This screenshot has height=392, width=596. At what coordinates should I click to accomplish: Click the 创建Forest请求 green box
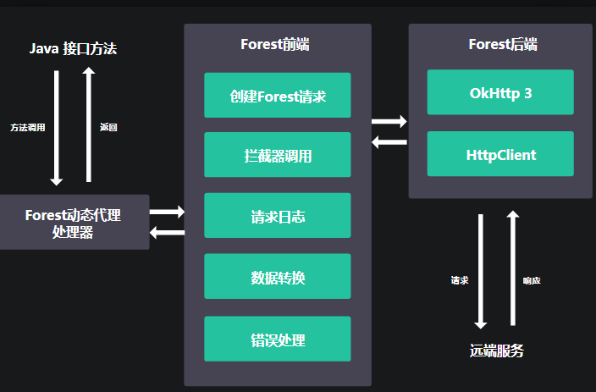(278, 95)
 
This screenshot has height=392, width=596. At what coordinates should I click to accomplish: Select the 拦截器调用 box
(278, 155)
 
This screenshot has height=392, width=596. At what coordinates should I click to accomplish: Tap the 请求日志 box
(278, 216)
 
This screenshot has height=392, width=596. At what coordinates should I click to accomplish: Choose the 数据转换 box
(278, 277)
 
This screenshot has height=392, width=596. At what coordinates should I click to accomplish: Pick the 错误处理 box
(278, 339)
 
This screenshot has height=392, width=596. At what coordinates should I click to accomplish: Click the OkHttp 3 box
(500, 92)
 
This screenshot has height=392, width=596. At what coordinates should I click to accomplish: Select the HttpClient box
(500, 154)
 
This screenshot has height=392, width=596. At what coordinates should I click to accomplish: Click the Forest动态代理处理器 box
(73, 223)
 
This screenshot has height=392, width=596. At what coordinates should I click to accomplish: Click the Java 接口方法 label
(73, 49)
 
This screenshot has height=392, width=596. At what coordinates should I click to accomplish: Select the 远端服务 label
(497, 350)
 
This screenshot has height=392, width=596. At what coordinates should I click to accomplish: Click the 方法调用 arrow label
(27, 127)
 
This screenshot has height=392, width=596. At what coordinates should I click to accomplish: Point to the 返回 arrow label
(108, 127)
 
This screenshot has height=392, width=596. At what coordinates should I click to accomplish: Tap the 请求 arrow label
(460, 279)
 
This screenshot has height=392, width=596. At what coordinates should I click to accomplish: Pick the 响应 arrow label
(532, 279)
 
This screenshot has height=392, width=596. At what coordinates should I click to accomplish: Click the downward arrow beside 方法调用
(57, 127)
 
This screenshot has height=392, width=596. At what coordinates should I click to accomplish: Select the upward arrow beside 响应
(512, 268)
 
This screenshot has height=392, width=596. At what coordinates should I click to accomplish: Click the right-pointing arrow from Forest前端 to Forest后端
(389, 122)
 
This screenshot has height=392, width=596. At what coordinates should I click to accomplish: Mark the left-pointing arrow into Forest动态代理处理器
(167, 232)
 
